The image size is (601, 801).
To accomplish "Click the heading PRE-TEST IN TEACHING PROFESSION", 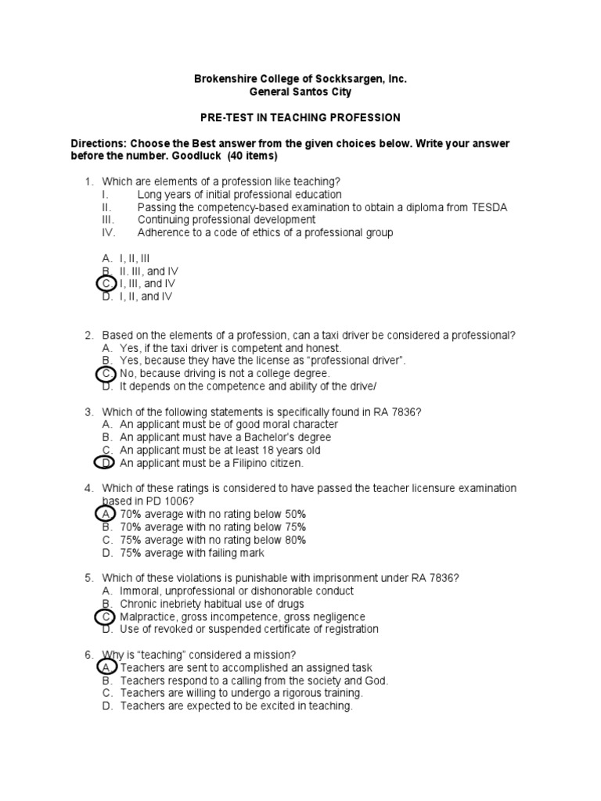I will coord(300,118).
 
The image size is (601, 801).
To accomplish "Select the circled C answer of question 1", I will coord(106,283).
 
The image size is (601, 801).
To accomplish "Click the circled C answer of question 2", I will coord(106,374).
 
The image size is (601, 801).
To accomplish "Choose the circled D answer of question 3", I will coord(106,463).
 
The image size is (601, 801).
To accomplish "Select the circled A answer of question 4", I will coord(106,514).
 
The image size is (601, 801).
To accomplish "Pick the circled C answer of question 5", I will coord(106,617).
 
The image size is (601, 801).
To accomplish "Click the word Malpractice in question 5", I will coord(148,617).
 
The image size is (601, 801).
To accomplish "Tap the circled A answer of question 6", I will coord(106,667).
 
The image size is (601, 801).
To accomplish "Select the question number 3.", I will coord(88,412).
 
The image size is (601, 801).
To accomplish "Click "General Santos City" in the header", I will coord(300,92).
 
